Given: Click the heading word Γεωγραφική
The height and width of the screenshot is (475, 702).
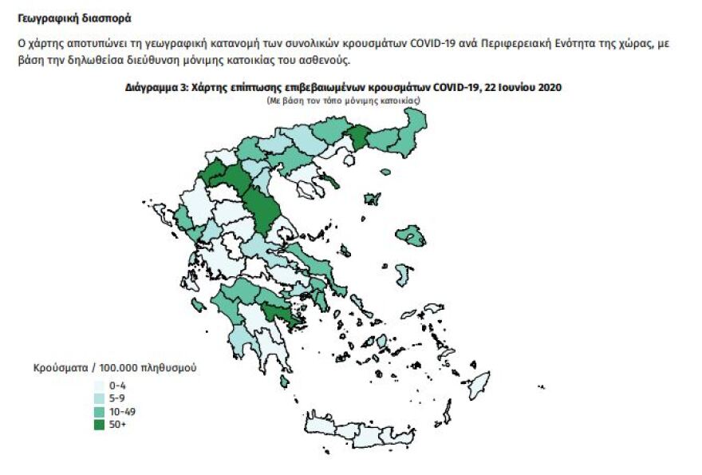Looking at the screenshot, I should [46, 18].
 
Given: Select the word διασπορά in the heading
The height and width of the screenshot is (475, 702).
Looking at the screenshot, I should [105, 18].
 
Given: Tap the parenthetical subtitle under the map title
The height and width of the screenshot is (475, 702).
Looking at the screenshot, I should [343, 100].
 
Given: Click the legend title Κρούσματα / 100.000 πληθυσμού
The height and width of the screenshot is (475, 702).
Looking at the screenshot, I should [115, 369].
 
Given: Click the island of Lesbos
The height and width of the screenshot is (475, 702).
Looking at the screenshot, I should [412, 236].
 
